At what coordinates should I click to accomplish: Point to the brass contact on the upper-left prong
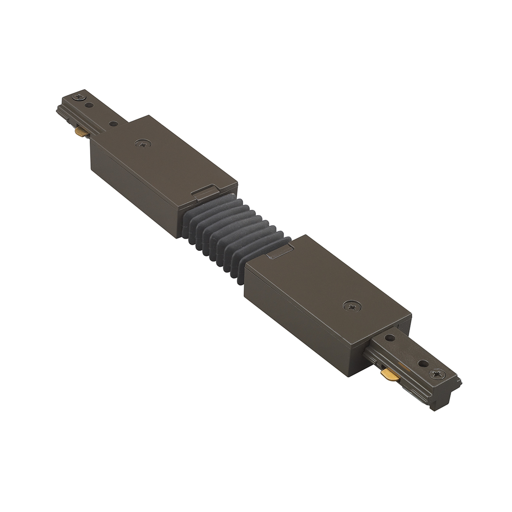[81, 133]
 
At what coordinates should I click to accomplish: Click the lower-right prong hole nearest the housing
[390, 338]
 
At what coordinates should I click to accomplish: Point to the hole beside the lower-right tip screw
[423, 364]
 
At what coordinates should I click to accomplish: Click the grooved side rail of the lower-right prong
[410, 381]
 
